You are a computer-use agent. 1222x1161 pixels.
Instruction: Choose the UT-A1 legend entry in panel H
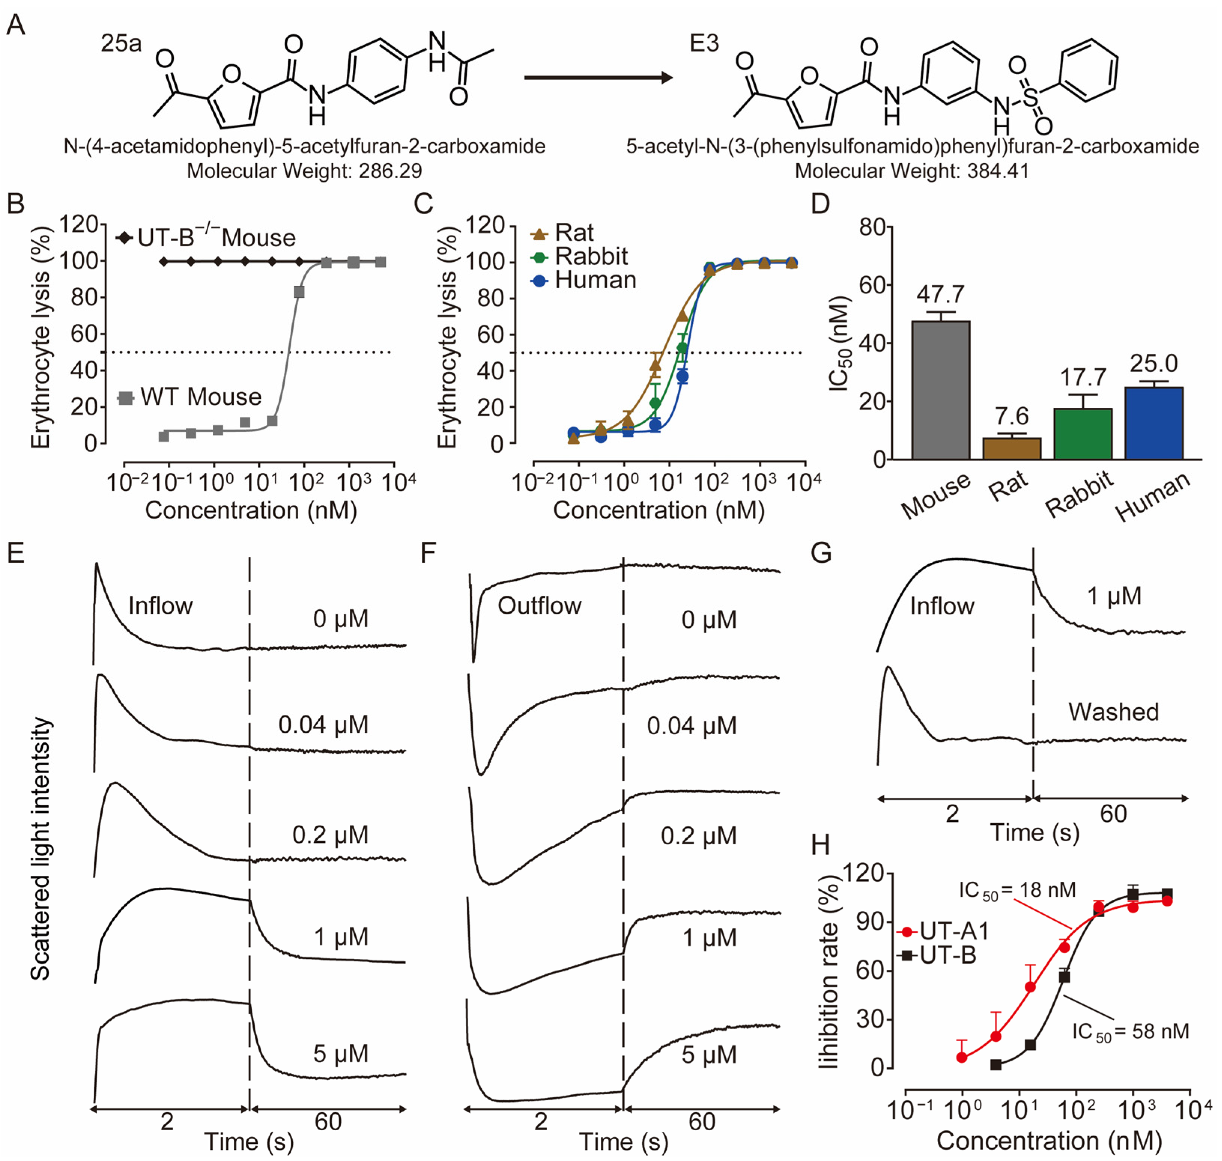pos(953,931)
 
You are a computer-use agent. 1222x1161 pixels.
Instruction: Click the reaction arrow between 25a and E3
pos(597,78)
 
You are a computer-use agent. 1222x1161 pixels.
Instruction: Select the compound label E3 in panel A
pos(704,43)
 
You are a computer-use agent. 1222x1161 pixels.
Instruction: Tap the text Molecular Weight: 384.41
pos(912,171)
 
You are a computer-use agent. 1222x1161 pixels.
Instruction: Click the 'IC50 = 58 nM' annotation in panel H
pos(1130,1032)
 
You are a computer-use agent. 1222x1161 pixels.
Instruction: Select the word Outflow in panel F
pos(539,606)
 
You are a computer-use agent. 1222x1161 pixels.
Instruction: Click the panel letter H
pos(821,845)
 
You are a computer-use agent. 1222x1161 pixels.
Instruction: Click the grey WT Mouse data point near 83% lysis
pos(299,292)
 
